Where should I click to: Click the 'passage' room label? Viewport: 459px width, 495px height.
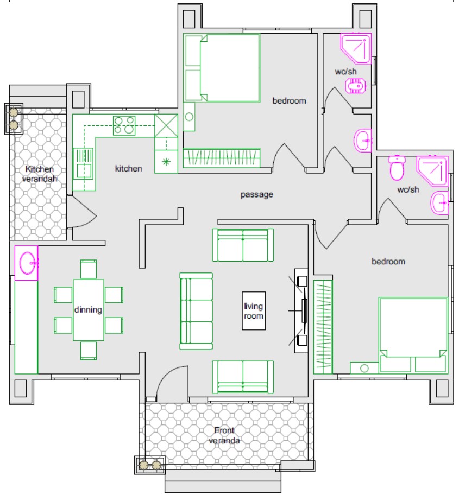tap(257, 194)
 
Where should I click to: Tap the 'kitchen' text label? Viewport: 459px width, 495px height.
tap(128, 168)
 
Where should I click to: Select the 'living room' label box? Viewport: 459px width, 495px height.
tap(254, 311)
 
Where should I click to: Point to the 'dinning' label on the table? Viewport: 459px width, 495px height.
tap(88, 310)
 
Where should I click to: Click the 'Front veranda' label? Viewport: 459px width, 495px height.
tap(224, 435)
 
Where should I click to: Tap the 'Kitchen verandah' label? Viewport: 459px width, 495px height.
tap(40, 174)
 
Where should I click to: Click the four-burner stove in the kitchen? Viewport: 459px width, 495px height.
tap(124, 125)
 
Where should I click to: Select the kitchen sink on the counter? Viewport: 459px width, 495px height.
tap(83, 163)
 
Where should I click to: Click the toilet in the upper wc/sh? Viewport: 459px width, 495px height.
tap(355, 86)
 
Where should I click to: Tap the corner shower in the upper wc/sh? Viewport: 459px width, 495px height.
tap(356, 49)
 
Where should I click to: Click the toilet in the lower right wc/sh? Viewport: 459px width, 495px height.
tap(397, 168)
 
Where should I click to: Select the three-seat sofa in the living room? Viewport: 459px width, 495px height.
tap(196, 311)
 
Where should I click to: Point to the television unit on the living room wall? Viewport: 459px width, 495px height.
tap(301, 311)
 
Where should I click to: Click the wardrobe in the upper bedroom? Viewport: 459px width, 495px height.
tap(222, 157)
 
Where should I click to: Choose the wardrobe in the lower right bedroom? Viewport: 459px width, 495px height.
tap(323, 327)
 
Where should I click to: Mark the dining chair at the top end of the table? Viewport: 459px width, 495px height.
tap(89, 269)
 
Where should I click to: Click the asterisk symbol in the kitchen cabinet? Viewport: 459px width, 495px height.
tap(166, 162)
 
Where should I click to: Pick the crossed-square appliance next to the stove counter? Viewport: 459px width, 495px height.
tap(166, 125)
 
